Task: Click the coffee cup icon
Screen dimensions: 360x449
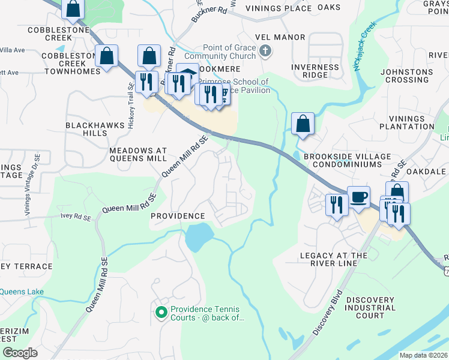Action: click(358, 197)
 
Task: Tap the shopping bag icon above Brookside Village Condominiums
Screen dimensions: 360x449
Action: click(303, 124)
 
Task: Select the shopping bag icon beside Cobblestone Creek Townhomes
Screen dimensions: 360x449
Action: click(106, 56)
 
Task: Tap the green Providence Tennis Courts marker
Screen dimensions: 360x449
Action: click(161, 312)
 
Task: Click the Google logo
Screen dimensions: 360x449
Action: click(20, 353)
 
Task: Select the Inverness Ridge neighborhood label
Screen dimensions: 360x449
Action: click(315, 71)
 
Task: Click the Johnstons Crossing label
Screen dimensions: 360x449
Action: click(406, 76)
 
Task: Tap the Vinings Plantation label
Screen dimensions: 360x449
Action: click(411, 122)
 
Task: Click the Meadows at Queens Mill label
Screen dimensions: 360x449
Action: click(137, 153)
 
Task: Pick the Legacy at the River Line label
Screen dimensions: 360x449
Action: click(333, 260)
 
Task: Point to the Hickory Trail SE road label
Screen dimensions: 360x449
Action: click(130, 106)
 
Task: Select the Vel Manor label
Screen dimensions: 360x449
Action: click(280, 37)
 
